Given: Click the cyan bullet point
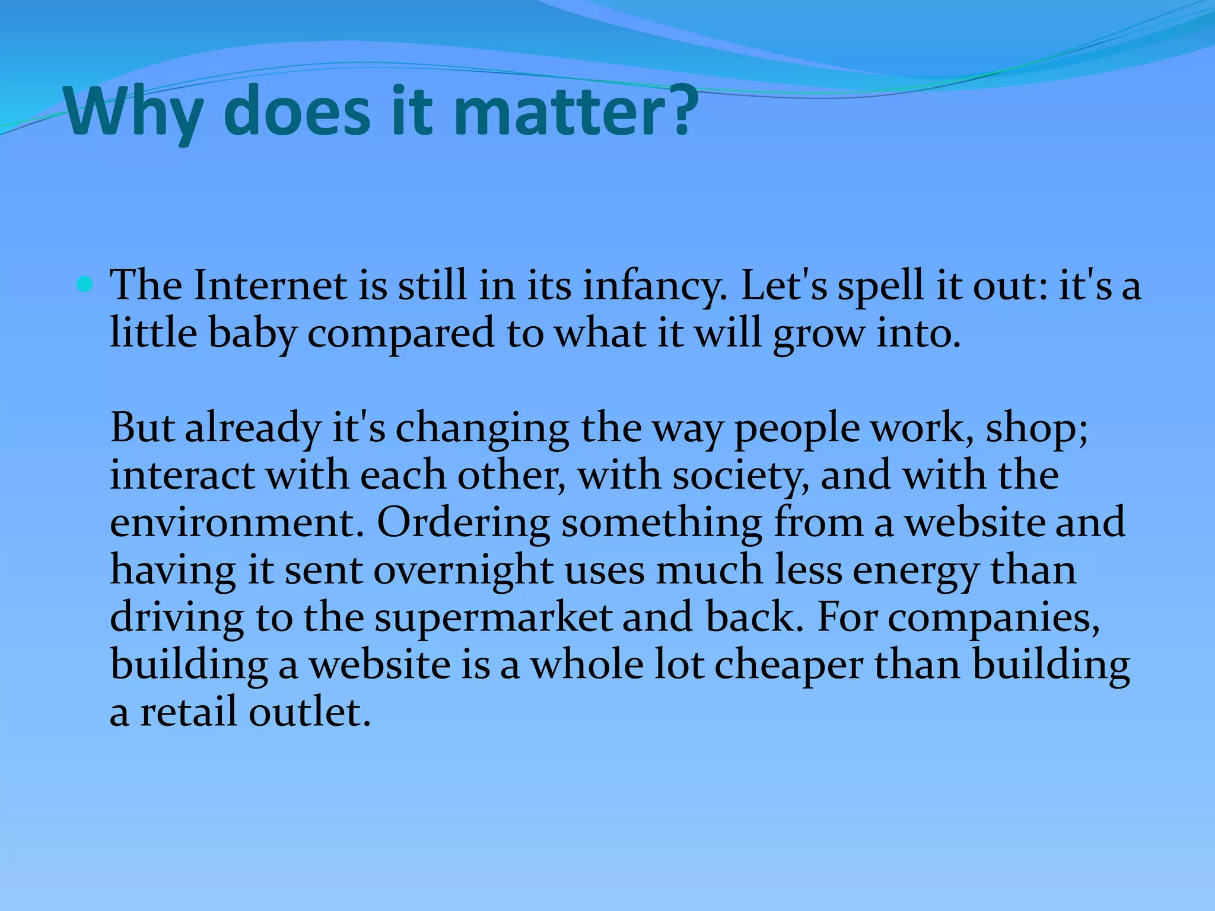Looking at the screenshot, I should tap(85, 286).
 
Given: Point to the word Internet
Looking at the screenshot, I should tap(270, 286).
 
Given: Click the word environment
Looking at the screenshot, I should tap(237, 523).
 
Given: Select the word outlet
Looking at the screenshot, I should tap(309, 712).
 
